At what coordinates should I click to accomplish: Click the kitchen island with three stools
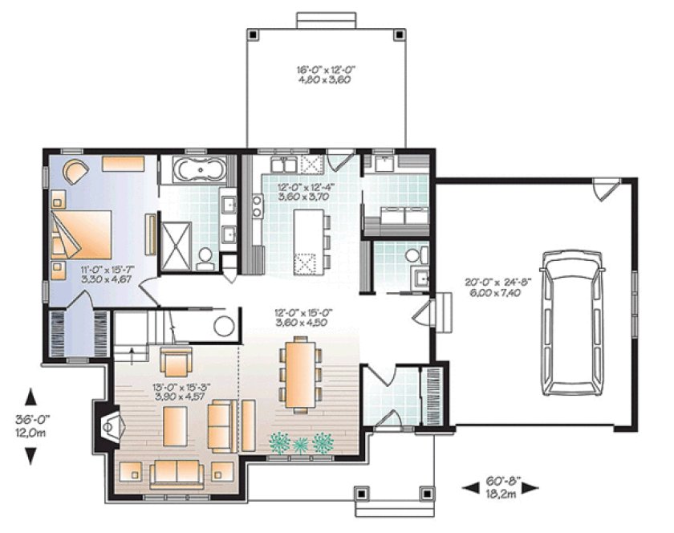coord(308,239)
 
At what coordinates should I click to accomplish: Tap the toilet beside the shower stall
coord(205,256)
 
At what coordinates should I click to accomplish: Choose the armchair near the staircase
coord(176,362)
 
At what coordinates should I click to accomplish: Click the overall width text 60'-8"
coord(503,482)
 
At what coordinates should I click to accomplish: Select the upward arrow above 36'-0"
coord(30,397)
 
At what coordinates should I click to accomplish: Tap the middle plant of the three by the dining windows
coord(301,442)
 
